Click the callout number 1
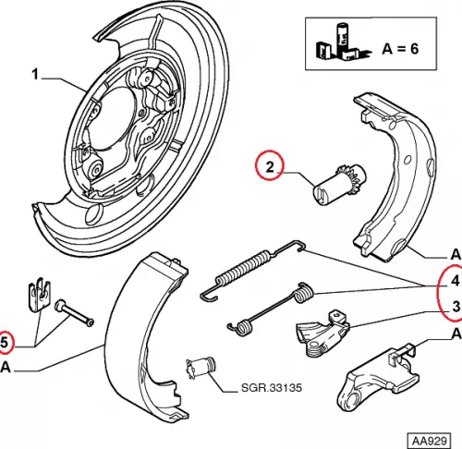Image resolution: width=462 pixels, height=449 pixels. [35, 75]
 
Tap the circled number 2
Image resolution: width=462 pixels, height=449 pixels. [270, 166]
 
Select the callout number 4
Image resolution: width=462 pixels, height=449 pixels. [456, 281]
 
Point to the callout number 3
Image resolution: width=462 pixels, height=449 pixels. [456, 307]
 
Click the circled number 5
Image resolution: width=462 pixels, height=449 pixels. [5, 343]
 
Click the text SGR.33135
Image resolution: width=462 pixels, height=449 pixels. [271, 387]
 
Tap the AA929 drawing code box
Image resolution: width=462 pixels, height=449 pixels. [429, 441]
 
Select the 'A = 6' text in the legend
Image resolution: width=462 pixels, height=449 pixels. [400, 49]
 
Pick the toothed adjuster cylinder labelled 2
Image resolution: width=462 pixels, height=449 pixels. [339, 185]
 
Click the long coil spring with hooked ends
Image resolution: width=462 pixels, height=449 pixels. [252, 269]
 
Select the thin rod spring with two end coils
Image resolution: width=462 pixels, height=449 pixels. [271, 309]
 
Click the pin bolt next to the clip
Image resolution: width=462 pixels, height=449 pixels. [74, 313]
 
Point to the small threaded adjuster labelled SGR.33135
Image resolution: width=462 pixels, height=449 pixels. [201, 367]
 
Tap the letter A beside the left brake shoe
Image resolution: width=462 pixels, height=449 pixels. [6, 368]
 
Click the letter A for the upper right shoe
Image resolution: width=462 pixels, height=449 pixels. [456, 255]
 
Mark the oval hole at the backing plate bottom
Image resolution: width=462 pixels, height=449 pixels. [93, 214]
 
